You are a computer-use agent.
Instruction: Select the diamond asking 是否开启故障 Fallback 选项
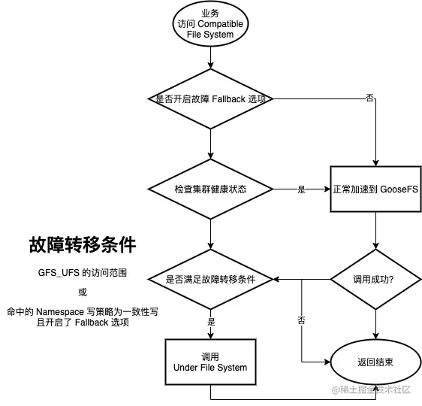(x=211, y=98)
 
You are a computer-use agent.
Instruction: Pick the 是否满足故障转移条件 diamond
(x=211, y=279)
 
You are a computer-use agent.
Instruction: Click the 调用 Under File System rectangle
(x=211, y=362)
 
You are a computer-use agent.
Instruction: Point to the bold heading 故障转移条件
(x=83, y=245)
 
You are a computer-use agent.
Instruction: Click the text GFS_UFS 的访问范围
(x=83, y=273)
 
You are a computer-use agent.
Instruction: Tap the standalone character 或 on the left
(x=83, y=292)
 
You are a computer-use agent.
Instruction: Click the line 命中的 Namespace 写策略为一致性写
(x=83, y=311)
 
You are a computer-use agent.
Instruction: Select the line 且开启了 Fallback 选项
(x=83, y=323)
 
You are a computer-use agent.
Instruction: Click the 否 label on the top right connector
(x=369, y=98)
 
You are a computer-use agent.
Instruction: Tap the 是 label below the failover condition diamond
(x=211, y=321)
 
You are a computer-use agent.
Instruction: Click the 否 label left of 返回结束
(x=301, y=321)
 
